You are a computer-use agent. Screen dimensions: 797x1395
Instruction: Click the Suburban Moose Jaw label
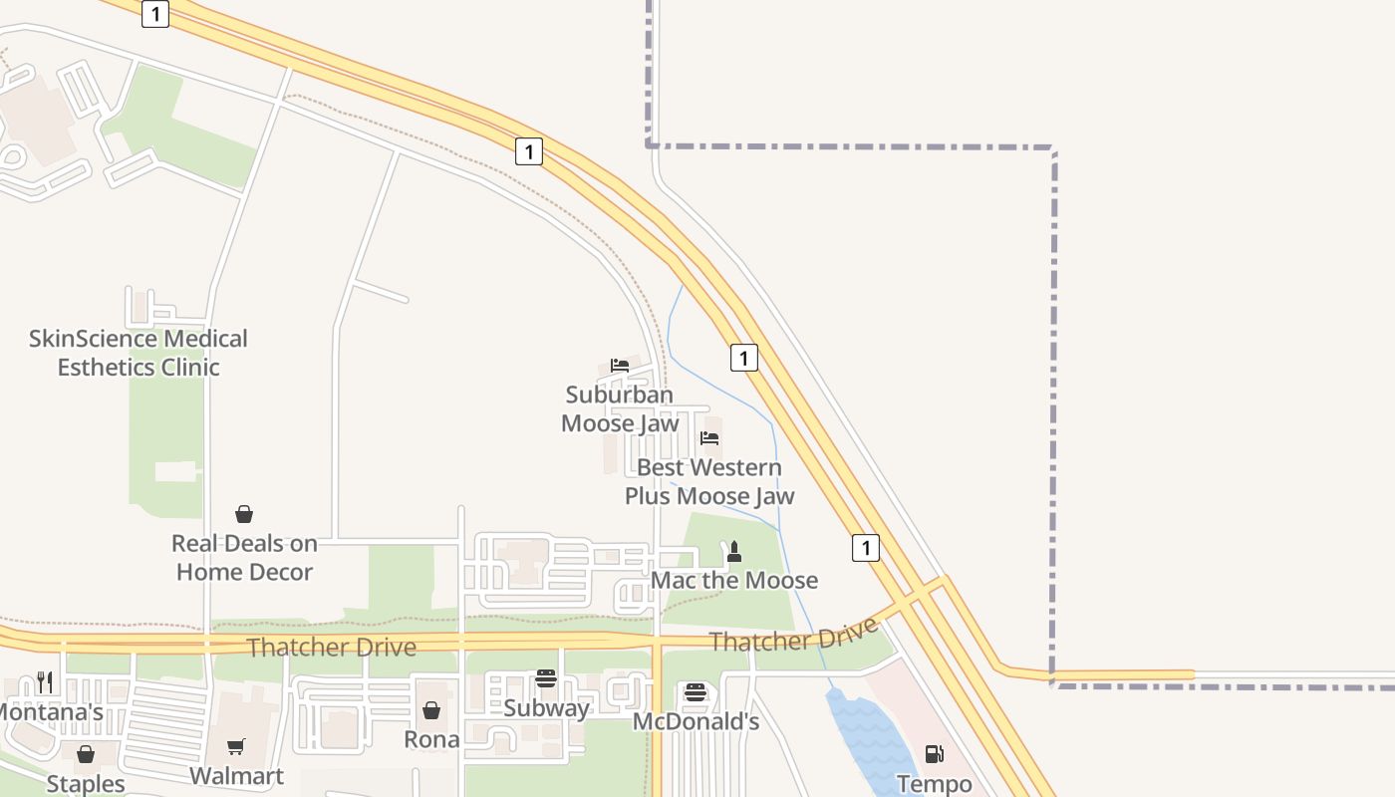(620, 409)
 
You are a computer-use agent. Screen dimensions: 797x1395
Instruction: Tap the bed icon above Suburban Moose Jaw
(620, 366)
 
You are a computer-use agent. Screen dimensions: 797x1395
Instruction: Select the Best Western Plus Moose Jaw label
(709, 481)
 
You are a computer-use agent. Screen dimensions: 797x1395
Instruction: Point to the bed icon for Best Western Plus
(709, 437)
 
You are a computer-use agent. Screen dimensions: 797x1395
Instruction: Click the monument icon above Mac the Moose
(734, 551)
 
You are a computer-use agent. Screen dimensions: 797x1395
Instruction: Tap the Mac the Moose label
(734, 580)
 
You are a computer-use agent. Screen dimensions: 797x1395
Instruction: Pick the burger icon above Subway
(545, 678)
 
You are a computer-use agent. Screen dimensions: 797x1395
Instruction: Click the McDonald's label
(697, 721)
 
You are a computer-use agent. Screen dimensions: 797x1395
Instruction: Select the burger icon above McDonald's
(696, 692)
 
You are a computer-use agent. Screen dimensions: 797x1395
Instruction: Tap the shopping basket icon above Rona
(431, 710)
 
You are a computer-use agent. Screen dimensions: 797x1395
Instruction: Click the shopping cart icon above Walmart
(236, 747)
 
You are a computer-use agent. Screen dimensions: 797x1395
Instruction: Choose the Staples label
(86, 784)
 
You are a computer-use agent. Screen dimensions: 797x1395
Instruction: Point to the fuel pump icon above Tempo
(934, 755)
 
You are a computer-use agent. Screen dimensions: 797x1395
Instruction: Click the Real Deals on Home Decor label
(244, 558)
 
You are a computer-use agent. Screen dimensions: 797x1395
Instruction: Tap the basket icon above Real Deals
(244, 514)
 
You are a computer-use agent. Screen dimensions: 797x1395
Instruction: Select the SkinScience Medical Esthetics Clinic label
(139, 353)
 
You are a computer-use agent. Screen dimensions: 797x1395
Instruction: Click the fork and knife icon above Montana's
(45, 682)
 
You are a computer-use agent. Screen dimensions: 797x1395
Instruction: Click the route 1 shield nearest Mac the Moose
(866, 547)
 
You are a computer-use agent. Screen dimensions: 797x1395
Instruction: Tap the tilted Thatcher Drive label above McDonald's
(794, 635)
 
